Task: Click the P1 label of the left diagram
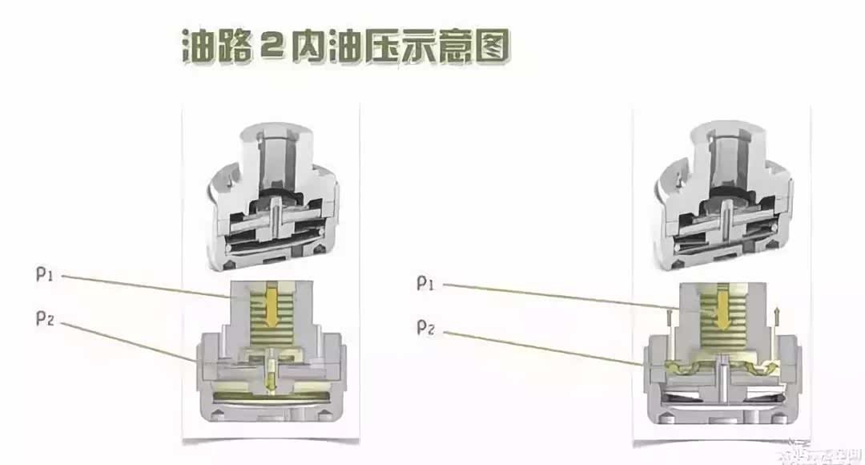46,275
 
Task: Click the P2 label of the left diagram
46,318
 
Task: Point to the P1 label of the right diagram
427,282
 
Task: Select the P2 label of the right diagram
427,327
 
